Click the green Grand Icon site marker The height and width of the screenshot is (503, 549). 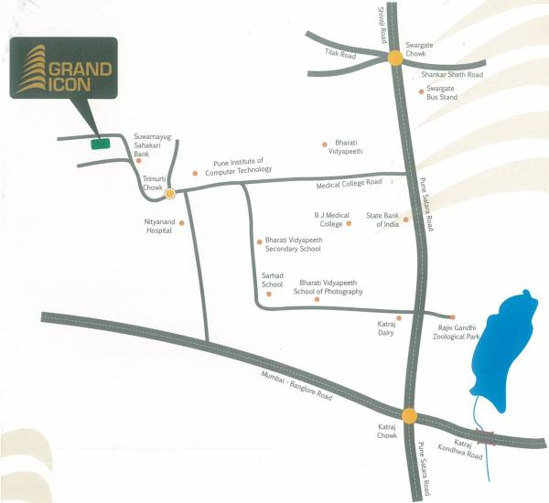pos(99,143)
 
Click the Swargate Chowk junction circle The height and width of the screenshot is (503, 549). pos(394,59)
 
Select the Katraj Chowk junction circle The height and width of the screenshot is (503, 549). pos(409,414)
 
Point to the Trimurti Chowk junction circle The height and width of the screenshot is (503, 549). pos(169,193)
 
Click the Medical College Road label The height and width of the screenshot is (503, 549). pos(349,183)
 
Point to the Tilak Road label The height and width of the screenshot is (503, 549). pos(339,54)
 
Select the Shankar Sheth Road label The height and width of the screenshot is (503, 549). pos(451,75)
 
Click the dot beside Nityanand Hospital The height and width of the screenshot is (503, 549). pos(181,222)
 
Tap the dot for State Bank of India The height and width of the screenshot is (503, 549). pos(405,219)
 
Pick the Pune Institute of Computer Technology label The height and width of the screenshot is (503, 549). pos(238,166)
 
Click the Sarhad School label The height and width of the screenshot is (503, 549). pos(273,280)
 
